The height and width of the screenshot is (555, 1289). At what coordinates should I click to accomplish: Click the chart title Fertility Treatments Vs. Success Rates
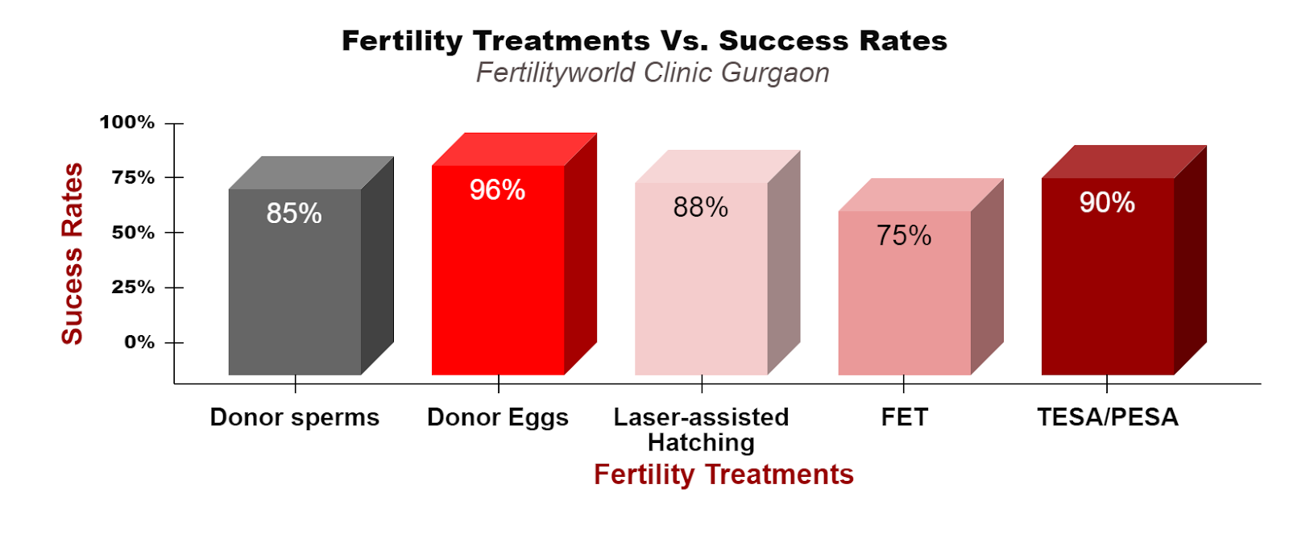(644, 41)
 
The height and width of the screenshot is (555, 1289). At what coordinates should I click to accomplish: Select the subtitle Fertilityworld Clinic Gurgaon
(653, 73)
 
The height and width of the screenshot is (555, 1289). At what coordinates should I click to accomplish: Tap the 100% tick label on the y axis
(127, 122)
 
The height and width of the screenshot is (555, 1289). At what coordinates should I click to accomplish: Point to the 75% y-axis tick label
(134, 178)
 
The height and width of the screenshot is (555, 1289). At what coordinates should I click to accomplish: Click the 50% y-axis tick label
(134, 233)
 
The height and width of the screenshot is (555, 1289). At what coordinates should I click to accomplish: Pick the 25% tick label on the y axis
(134, 288)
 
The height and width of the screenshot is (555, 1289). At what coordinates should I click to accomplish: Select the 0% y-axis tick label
(140, 342)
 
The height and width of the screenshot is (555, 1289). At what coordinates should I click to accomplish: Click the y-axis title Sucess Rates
(73, 254)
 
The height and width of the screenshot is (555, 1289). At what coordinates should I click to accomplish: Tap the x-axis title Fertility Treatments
(724, 475)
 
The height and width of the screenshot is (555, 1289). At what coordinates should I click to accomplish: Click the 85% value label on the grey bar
(294, 213)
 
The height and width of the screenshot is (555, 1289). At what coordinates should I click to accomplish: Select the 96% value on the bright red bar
(497, 190)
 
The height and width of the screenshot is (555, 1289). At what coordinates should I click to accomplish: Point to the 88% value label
(701, 207)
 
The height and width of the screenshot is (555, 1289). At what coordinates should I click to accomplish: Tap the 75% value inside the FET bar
(904, 235)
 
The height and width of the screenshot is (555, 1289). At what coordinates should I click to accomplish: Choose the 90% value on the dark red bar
(1107, 202)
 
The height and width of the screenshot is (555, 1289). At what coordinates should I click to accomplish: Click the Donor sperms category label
(295, 417)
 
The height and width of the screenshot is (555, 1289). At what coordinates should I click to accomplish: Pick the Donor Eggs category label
(498, 418)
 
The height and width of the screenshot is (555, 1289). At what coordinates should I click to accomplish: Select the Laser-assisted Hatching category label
(702, 430)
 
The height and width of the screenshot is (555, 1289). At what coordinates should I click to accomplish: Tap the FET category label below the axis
(905, 417)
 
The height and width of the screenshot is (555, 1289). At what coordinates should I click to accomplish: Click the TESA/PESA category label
(1108, 417)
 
